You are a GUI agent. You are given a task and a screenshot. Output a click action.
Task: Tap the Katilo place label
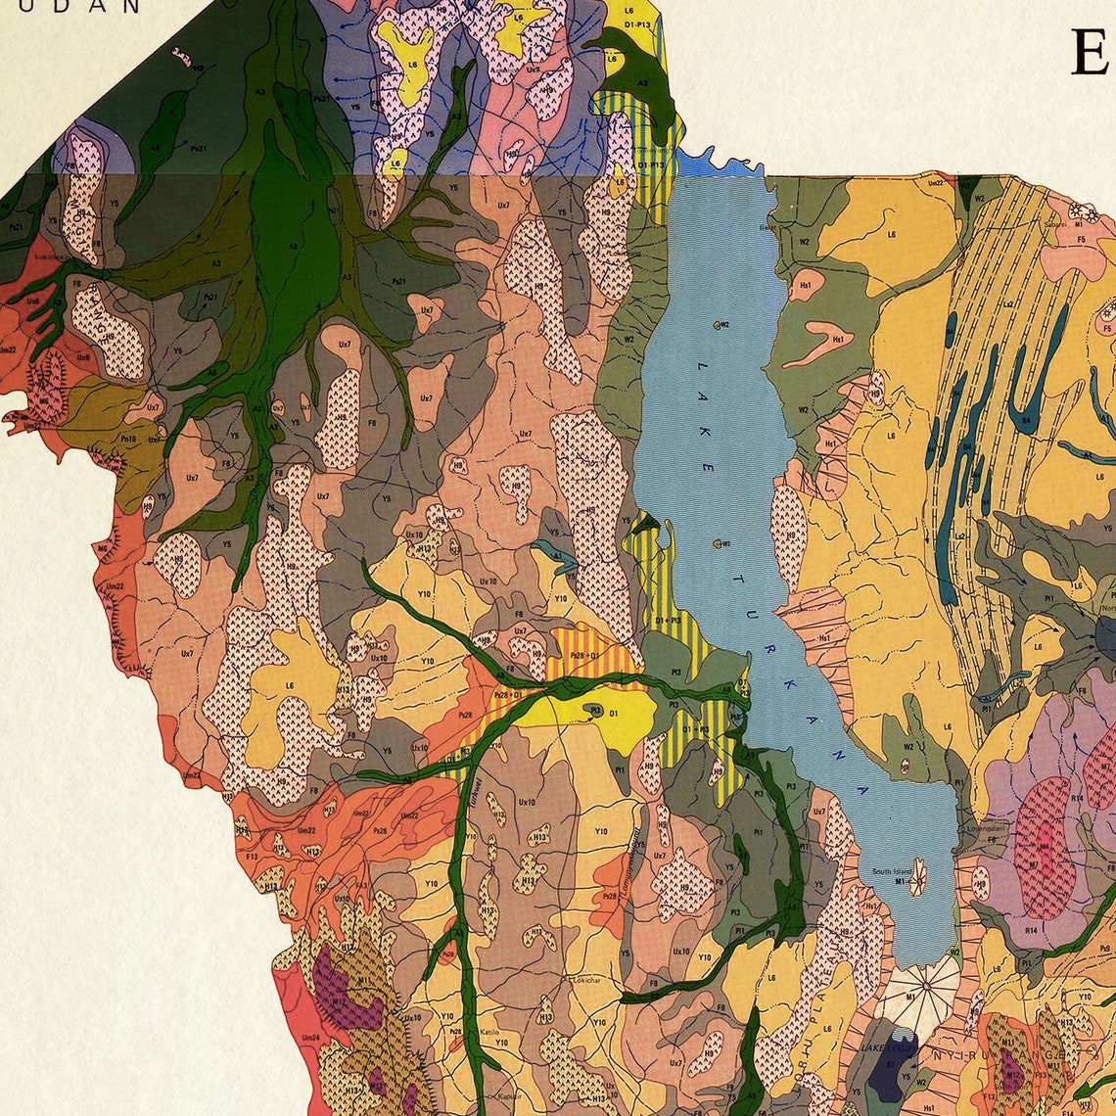(x=490, y=1032)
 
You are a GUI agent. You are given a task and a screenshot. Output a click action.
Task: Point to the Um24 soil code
(x=311, y=1037)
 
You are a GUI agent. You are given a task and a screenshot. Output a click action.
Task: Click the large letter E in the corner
(x=1089, y=54)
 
